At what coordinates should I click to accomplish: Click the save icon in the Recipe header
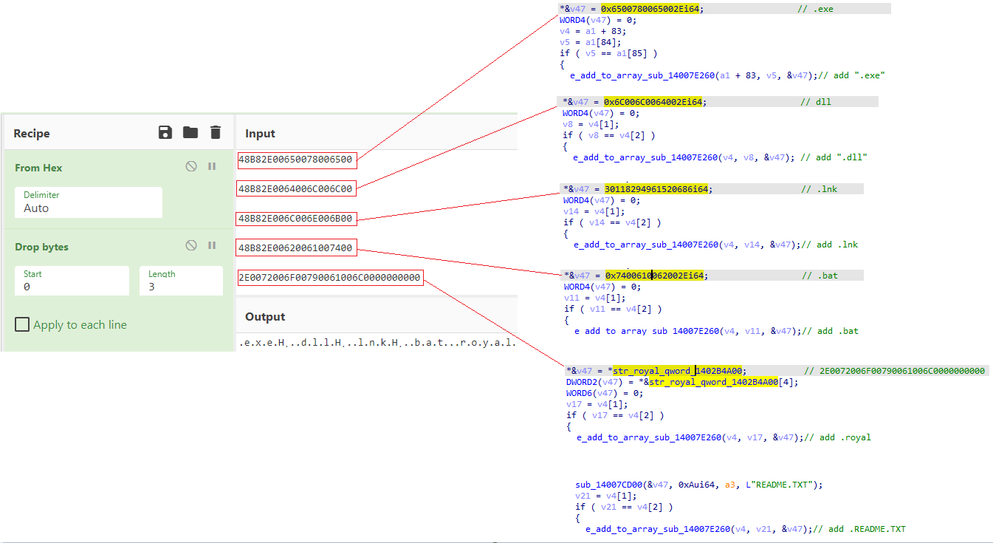coord(165,132)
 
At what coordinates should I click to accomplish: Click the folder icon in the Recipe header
coord(190,132)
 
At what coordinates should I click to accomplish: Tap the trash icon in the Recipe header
coord(216,132)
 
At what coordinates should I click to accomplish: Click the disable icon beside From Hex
coord(191,167)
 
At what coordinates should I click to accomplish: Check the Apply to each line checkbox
coord(23,324)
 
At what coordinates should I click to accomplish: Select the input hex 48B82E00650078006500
coord(297,159)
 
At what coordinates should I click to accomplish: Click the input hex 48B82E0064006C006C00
coord(297,188)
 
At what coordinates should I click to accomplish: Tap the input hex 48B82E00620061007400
coord(297,248)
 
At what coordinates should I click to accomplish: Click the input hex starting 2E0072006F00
coord(330,278)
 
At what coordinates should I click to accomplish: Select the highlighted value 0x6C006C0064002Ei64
coord(654,102)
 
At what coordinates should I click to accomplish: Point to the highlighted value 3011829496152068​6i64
coord(656,189)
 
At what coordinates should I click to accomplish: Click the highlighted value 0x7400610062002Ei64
coord(656,276)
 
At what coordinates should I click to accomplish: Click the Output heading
coord(265,316)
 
